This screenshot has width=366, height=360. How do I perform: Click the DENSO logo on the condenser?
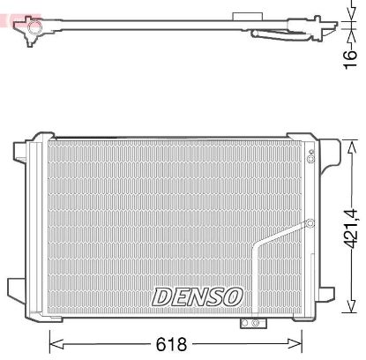(x=198, y=296)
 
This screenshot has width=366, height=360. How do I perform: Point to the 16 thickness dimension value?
(x=350, y=57)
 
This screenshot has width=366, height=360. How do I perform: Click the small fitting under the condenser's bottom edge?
(x=250, y=324)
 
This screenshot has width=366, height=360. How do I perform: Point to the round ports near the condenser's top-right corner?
(x=310, y=157)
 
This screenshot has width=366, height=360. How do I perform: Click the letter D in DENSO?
(x=164, y=296)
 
